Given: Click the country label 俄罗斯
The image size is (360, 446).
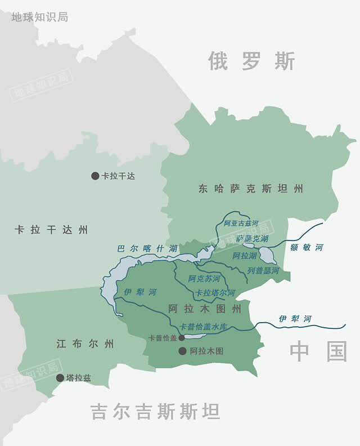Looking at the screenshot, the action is pyautogui.click(x=251, y=61).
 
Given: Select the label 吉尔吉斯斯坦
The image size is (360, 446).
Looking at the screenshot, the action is pyautogui.click(x=155, y=412).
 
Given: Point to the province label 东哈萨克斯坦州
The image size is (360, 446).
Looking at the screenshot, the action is pyautogui.click(x=251, y=189).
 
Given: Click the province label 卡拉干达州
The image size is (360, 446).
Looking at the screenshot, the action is pyautogui.click(x=51, y=230).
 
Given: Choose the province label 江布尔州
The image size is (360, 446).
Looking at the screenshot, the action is pyautogui.click(x=85, y=344).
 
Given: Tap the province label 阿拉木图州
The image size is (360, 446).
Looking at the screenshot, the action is pyautogui.click(x=205, y=309).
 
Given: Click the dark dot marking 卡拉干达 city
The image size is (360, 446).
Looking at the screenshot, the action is pyautogui.click(x=95, y=176).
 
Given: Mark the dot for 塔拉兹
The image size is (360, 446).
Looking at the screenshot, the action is pyautogui.click(x=60, y=378).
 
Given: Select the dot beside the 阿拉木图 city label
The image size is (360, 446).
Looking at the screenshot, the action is pyautogui.click(x=182, y=351).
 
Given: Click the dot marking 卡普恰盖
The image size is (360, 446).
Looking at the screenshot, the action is pyautogui.click(x=182, y=338).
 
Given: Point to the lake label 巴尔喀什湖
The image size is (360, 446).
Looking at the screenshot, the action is pyautogui.click(x=147, y=248).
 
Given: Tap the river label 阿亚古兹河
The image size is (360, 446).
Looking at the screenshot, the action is pyautogui.click(x=241, y=224).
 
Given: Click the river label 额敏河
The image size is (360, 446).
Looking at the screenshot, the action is pyautogui.click(x=307, y=247).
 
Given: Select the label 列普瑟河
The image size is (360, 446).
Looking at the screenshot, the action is pyautogui.click(x=263, y=271).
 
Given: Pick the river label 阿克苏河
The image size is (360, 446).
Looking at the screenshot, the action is pyautogui.click(x=204, y=279).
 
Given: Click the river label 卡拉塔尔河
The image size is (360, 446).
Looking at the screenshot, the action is pyautogui.click(x=215, y=293).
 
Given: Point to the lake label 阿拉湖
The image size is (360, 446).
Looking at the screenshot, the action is pyautogui.click(x=245, y=256).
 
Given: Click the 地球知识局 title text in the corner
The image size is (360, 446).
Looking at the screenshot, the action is pyautogui.click(x=39, y=17).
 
